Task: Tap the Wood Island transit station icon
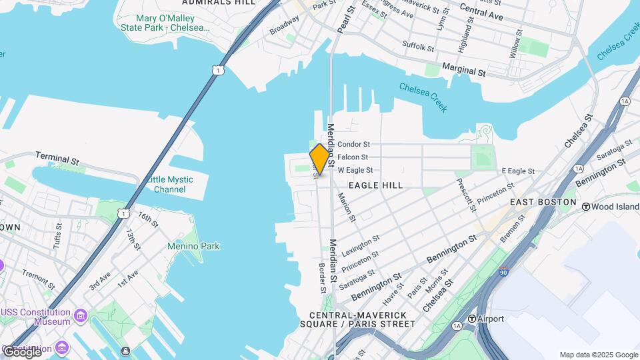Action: click(x=587, y=207)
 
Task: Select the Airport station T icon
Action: click(x=472, y=319)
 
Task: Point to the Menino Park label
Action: click(x=193, y=247)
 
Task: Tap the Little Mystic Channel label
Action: click(x=170, y=185)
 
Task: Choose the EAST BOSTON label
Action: click(x=543, y=202)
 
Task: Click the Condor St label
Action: click(x=353, y=144)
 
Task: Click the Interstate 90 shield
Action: click(x=503, y=272)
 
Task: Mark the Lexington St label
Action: click(x=361, y=246)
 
